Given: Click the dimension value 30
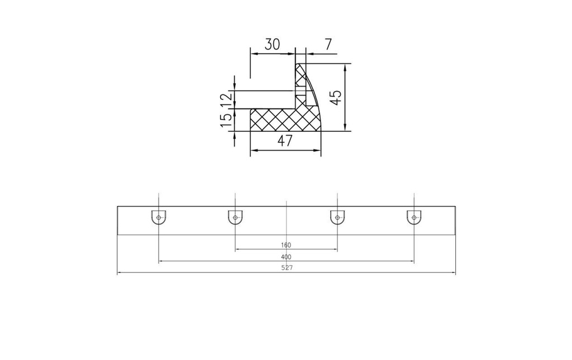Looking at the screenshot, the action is point(272,44).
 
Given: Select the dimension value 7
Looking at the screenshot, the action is point(328,44).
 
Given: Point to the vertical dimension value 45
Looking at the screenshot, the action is point(336,98).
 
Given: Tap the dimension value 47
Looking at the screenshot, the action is point(285,141).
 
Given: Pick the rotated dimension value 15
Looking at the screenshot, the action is point(226,120).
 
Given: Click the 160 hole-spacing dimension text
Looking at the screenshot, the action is point(286,246).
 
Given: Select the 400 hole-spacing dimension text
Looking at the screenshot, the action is point(287,257).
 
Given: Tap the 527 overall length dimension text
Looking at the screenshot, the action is point(287,268).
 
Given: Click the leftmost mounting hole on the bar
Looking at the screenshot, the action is point(158,218).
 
